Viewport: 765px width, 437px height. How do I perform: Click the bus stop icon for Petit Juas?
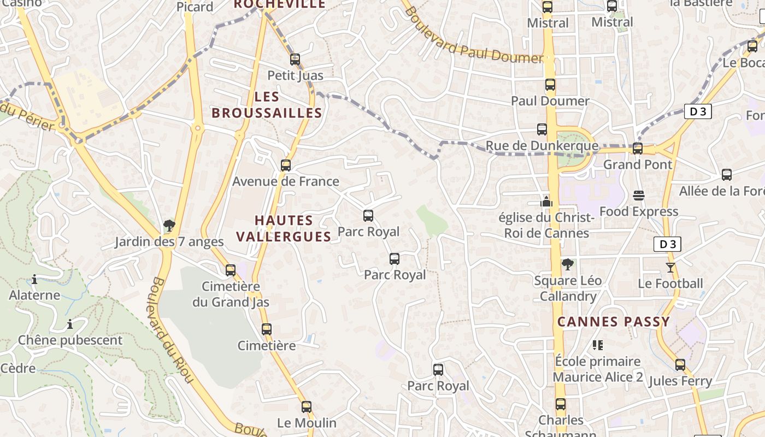[295, 59]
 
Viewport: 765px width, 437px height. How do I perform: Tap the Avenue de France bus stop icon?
[285, 165]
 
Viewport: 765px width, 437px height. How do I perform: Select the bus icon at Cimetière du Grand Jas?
[231, 270]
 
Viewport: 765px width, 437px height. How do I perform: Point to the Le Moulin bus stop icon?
[307, 406]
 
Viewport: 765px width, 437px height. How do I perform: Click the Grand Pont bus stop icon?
[637, 148]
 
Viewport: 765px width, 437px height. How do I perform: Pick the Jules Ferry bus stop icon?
[680, 364]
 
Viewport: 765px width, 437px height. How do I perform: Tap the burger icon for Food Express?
[638, 195]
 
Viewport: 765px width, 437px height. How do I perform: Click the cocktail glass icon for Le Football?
[670, 267]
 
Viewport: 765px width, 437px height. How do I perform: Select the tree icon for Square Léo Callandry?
[568, 264]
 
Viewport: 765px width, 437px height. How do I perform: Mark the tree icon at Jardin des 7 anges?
[169, 225]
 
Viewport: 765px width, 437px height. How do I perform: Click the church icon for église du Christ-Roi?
[546, 201]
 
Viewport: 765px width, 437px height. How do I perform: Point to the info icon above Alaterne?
[34, 280]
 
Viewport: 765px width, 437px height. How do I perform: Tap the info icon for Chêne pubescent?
[69, 324]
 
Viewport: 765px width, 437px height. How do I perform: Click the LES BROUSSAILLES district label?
[267, 105]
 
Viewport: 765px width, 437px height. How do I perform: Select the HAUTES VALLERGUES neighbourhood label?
[292, 228]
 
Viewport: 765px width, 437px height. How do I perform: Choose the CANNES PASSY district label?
[613, 322]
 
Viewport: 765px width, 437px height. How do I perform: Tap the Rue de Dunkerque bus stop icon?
[542, 129]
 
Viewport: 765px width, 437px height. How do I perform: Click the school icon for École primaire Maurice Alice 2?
[598, 345]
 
